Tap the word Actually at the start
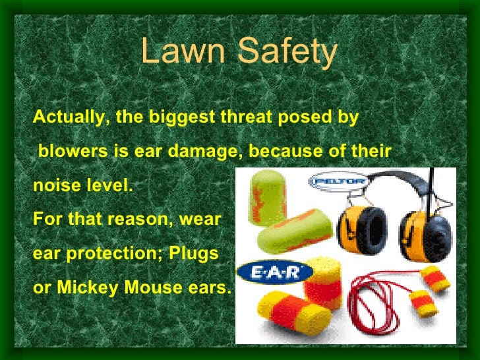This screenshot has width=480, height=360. tap(71, 118)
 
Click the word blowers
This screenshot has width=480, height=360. tap(73, 152)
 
